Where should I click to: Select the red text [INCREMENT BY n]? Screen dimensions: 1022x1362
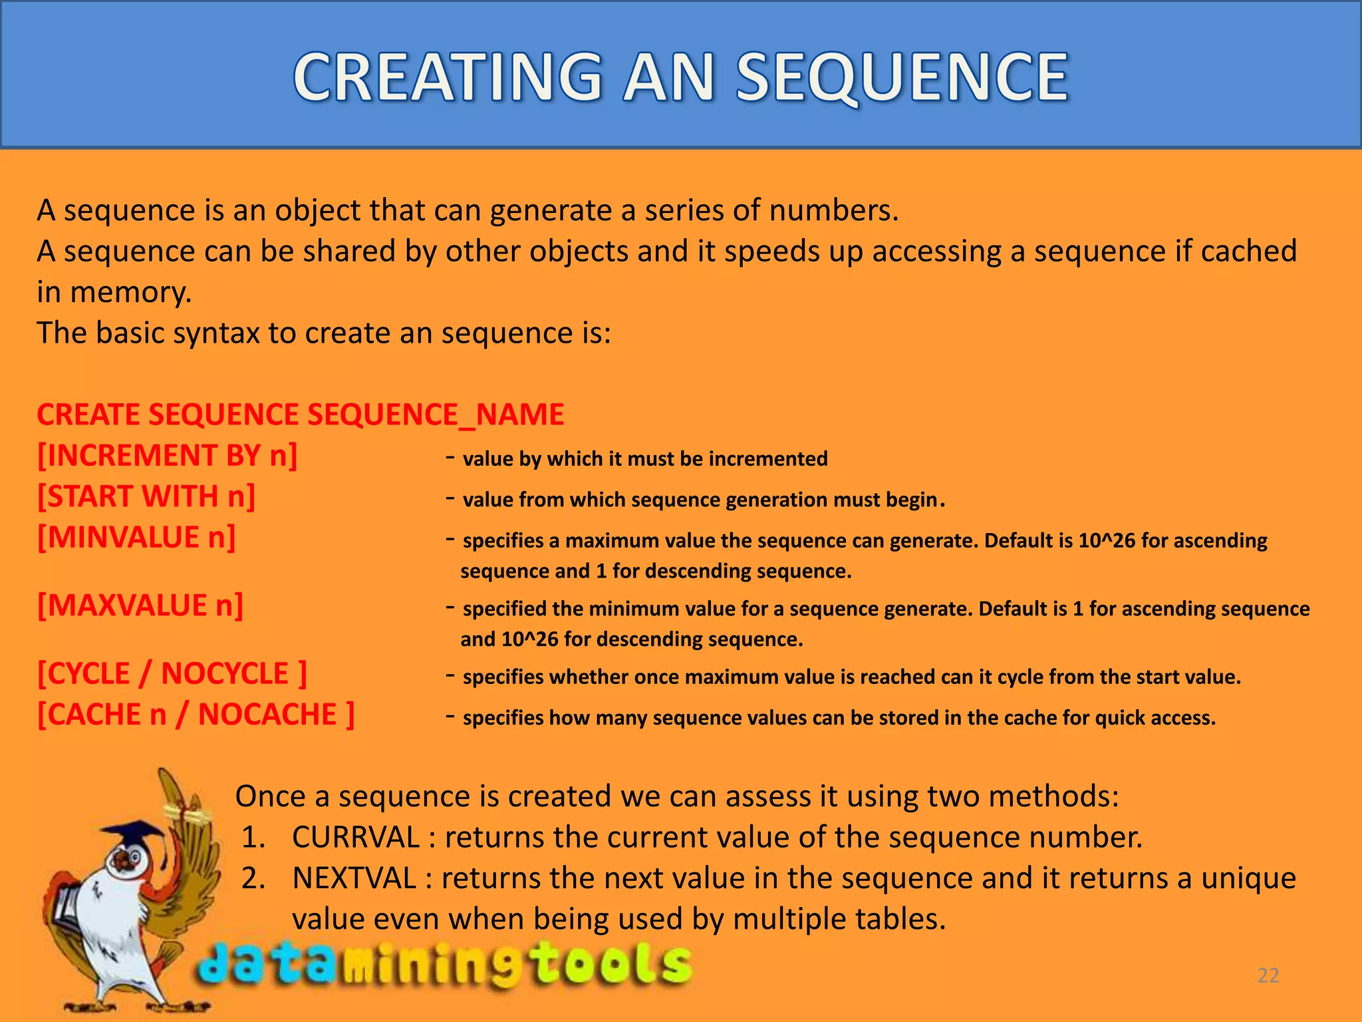coord(167,456)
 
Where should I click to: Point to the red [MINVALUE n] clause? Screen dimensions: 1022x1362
coord(136,538)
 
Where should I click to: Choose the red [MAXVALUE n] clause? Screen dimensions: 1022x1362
coord(140,606)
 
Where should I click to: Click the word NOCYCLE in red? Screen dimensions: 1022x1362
coord(225,674)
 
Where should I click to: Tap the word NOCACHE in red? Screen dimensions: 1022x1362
coord(267,715)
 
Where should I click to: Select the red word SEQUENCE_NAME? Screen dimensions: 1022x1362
coord(436,415)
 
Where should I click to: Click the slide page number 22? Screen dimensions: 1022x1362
coord(1268,975)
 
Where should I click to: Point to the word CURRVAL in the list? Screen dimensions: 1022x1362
coord(355,837)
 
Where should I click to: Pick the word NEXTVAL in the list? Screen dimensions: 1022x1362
coord(354,878)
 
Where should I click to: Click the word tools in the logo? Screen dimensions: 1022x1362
coord(612,964)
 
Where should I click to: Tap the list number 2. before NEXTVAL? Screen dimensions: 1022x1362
coord(253,878)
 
